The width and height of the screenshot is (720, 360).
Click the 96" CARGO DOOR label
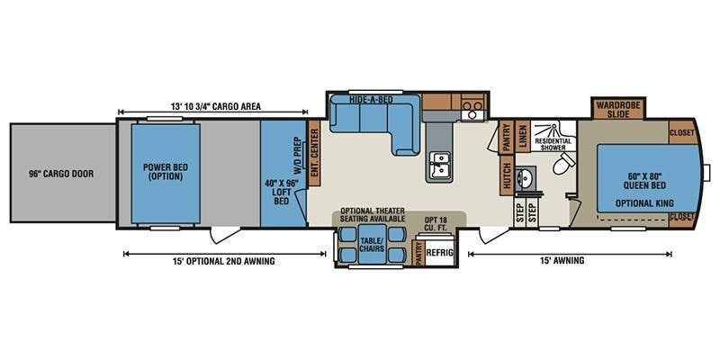pos(61,174)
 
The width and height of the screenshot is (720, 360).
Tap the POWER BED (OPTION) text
pos(166,172)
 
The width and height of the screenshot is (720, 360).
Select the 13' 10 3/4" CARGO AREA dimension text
pos(216,106)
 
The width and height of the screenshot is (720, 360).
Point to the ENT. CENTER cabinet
pos(314,153)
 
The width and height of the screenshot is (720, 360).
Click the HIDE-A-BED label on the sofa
pos(367,99)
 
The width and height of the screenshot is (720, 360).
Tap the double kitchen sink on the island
pos(440,166)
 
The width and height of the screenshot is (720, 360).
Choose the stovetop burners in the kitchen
pos(473,109)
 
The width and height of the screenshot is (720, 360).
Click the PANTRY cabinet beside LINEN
pos(507,137)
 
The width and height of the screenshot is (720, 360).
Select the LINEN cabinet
pos(522,137)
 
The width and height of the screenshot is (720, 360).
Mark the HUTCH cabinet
pos(507,175)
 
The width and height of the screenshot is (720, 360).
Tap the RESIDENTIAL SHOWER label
pos(553,144)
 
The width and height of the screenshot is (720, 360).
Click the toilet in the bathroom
pos(564,163)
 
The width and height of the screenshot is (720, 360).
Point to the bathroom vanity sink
pos(524,176)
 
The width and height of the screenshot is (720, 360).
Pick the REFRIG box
pos(439,252)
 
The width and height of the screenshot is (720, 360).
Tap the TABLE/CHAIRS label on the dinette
pos(372,244)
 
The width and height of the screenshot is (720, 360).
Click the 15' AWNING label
pos(570,261)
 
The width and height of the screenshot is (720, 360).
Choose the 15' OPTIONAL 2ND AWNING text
pos(225,261)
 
